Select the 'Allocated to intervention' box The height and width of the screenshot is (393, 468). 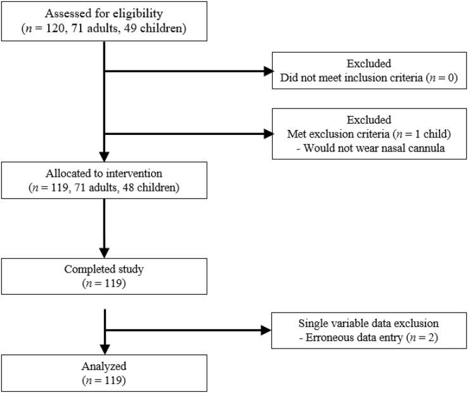pos(104,181)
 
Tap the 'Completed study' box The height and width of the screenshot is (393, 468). pos(104,276)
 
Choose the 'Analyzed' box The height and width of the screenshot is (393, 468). pos(104,373)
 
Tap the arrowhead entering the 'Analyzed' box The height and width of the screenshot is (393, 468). pos(104,349)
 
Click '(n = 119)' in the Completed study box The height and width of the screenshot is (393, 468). pos(104,282)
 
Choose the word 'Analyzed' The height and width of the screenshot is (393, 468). pos(104,366)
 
